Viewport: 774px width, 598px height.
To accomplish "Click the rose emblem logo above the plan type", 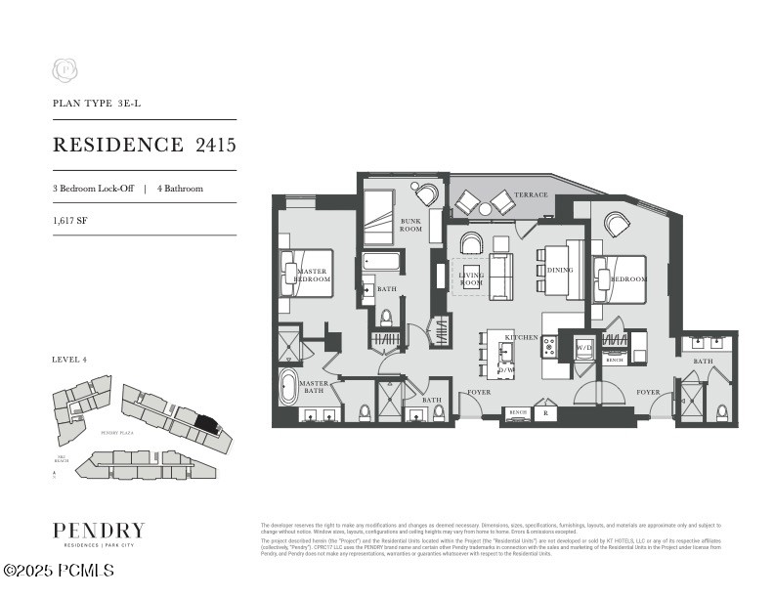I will tap(64, 70).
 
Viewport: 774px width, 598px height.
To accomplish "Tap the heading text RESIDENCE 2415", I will tap(144, 146).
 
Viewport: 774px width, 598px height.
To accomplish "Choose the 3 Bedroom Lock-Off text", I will tap(93, 188).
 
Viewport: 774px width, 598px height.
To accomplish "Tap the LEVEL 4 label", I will tap(69, 360).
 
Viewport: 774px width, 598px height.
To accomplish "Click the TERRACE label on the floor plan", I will tap(532, 195).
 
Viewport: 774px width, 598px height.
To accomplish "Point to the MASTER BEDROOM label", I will tap(314, 275).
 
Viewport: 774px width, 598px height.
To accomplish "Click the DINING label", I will tap(560, 270).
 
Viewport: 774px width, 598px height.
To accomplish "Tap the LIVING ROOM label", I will tap(471, 279).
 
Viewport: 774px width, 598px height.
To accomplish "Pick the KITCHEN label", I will tap(521, 337).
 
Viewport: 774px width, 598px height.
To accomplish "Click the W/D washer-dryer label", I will tap(584, 347).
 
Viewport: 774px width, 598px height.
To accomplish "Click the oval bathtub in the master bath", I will tap(290, 386).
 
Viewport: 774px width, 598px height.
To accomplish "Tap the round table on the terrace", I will tap(485, 208).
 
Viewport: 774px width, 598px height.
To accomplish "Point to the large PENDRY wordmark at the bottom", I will tap(99, 531).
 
